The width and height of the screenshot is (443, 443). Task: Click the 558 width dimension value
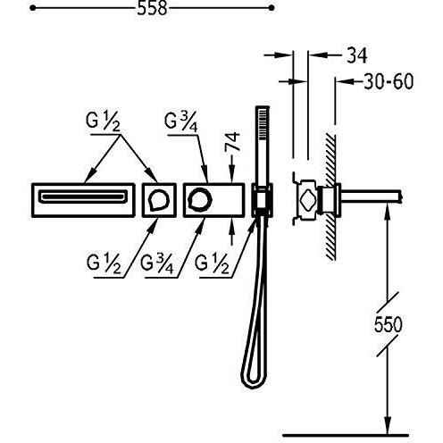tap(152, 9)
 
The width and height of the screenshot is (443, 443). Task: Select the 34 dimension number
tap(357, 54)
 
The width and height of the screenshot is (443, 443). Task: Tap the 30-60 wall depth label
tap(389, 81)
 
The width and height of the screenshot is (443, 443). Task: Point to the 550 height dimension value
tap(388, 324)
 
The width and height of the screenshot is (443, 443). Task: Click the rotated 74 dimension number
tap(232, 142)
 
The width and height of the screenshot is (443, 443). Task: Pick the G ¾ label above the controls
tap(181, 122)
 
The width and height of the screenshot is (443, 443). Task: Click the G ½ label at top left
tap(103, 121)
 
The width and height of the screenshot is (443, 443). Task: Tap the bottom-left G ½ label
tap(104, 263)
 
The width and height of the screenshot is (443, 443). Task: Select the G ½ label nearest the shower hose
tap(212, 263)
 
